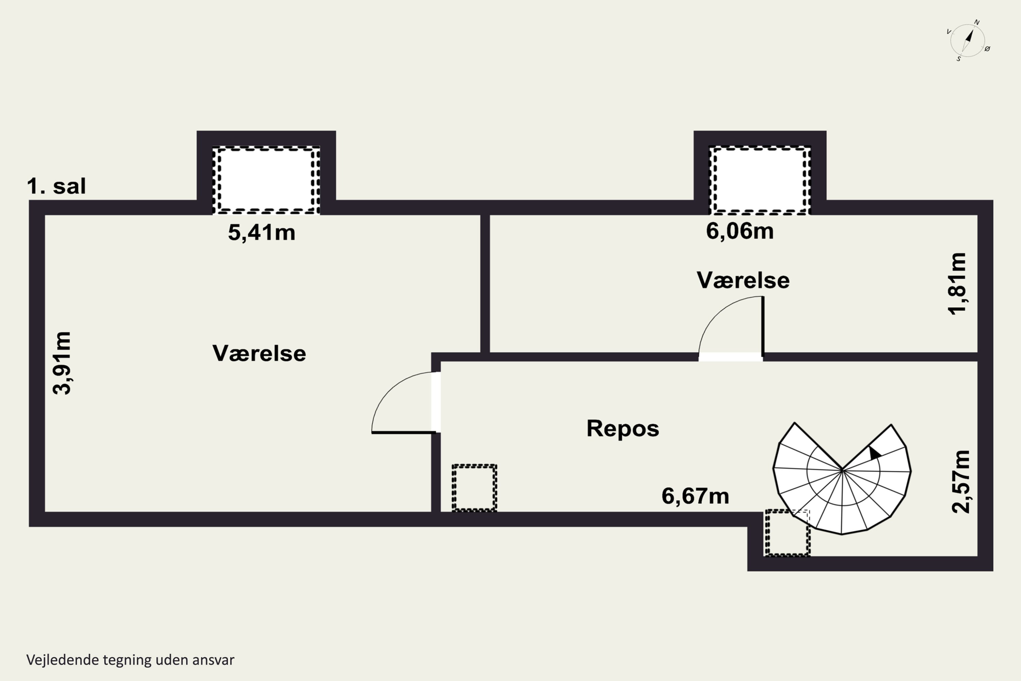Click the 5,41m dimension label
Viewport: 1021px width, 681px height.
click(x=261, y=233)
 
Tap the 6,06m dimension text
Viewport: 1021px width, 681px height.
click(x=740, y=231)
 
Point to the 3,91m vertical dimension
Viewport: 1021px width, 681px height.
click(x=62, y=363)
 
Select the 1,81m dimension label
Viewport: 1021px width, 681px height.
click(x=957, y=284)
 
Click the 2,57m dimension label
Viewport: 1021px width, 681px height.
click(x=961, y=482)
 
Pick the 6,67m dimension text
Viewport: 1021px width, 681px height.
click(x=695, y=496)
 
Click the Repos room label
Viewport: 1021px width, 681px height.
click(x=622, y=429)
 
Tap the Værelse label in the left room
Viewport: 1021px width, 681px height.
click(x=259, y=353)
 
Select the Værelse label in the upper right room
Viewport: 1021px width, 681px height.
click(x=743, y=280)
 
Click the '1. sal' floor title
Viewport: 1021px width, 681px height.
click(x=56, y=186)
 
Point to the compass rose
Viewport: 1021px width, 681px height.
click(x=967, y=41)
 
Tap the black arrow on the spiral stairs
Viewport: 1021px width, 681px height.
click(x=874, y=453)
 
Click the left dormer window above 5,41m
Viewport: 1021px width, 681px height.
click(x=266, y=180)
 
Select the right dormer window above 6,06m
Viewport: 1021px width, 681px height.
click(x=760, y=180)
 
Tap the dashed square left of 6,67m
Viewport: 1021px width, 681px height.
click(x=474, y=488)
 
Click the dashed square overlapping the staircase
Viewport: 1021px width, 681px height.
click(x=787, y=533)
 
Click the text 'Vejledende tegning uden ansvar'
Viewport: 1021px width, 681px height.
click(x=130, y=660)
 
